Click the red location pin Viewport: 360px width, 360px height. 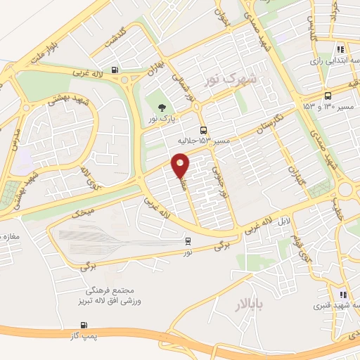click(181, 165)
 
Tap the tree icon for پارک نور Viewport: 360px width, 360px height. click(162, 108)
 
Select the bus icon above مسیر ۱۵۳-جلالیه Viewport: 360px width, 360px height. click(203, 130)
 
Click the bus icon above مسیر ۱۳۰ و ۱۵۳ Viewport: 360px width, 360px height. click(328, 96)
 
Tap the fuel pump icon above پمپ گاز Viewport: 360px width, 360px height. click(85, 325)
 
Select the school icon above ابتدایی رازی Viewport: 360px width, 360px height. click(341, 50)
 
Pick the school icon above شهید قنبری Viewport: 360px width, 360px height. click(342, 295)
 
